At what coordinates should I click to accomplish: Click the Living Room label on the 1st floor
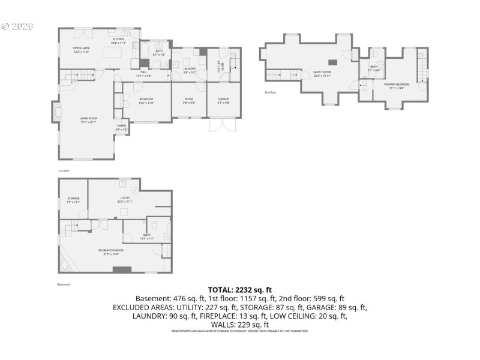(x=88, y=119)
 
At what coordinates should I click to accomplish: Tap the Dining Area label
(x=81, y=49)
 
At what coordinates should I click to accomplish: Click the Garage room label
(x=223, y=100)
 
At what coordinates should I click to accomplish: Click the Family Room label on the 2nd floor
(x=323, y=73)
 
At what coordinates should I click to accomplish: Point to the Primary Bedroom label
(x=397, y=85)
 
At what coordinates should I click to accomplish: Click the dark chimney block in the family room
(x=332, y=62)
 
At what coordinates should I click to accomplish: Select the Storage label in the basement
(x=73, y=199)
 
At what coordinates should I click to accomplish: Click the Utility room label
(x=125, y=199)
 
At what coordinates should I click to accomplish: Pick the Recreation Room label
(x=111, y=251)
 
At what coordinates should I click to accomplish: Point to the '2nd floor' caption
(x=271, y=92)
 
